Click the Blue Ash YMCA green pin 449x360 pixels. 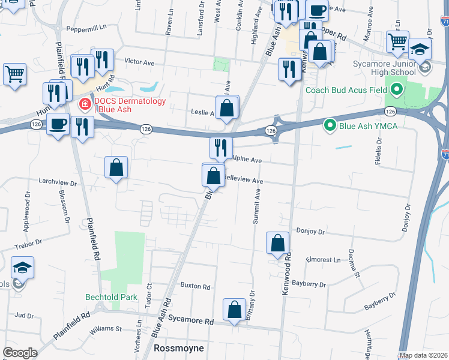(330, 125)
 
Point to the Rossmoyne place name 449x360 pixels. (179, 348)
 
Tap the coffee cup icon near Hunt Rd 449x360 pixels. (58, 124)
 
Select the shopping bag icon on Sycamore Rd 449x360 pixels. (234, 310)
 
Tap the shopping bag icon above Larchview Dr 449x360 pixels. (116, 167)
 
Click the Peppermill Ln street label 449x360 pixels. (86, 28)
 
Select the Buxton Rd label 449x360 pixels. (193, 286)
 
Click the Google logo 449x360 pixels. (20, 353)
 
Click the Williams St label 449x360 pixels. (106, 329)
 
